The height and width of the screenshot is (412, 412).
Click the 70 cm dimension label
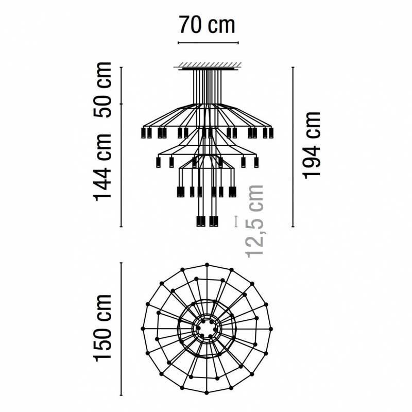point(208,25)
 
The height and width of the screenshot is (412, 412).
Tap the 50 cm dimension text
point(102,90)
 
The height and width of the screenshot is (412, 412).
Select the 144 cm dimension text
point(102,167)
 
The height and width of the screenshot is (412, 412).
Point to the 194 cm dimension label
point(312,146)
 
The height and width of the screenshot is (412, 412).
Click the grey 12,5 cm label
point(254,221)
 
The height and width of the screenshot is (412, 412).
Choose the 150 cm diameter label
point(102,328)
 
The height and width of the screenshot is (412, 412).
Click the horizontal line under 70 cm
point(208,43)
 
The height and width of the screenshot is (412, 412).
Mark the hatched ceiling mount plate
point(208,66)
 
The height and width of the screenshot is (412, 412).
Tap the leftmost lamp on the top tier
point(143,133)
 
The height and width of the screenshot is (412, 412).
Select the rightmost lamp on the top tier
point(271,133)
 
